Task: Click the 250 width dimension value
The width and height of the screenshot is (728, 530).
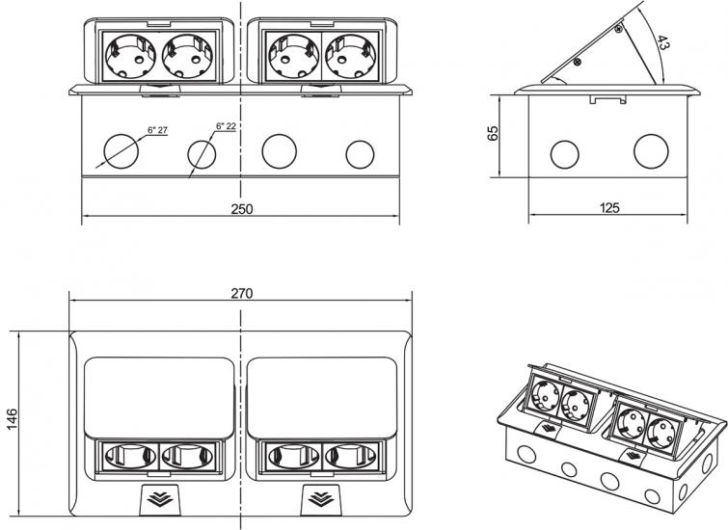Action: [x=242, y=209]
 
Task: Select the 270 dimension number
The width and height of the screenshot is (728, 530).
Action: [x=242, y=293]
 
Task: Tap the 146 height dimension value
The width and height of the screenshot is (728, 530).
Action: [x=12, y=419]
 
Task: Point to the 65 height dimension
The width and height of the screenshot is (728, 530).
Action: [x=493, y=133]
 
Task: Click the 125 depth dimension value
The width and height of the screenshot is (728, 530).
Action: [x=609, y=207]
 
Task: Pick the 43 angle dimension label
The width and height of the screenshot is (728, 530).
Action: [x=662, y=42]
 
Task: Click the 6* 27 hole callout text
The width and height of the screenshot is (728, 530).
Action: [x=157, y=130]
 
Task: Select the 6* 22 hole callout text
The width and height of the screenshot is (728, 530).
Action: [x=226, y=126]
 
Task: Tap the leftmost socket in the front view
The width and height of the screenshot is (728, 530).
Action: [x=130, y=56]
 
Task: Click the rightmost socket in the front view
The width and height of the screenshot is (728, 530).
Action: [x=351, y=56]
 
